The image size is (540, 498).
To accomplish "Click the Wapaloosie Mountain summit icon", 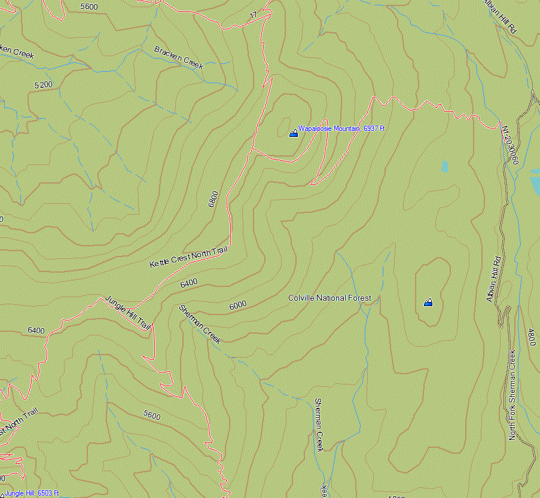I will coord(293,133).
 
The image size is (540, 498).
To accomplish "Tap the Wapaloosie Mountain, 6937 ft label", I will coord(341,129).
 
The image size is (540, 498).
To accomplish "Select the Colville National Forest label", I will coord(330,298).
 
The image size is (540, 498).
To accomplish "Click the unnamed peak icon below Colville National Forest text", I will coord(428,303).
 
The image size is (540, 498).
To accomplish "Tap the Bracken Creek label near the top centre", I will coord(179,57).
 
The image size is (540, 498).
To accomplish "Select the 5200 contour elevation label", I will coord(44,85).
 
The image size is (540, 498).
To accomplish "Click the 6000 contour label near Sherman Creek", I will coord(238,305).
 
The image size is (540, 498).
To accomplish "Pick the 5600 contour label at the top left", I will coord(89,7).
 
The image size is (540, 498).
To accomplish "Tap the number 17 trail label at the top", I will coord(254,15).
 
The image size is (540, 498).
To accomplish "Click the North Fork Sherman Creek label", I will coord(512,395).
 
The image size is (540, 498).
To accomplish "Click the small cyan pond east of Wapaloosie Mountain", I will coord(444,167).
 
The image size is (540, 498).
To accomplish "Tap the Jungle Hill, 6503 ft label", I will coord(32,493).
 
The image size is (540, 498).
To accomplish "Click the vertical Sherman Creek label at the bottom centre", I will coord(319,424).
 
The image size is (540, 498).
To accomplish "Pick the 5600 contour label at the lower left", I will coord(152,415).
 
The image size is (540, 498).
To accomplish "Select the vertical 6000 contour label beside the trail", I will coord(213,198).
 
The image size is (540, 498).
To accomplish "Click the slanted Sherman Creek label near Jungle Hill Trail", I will coord(200,324).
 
